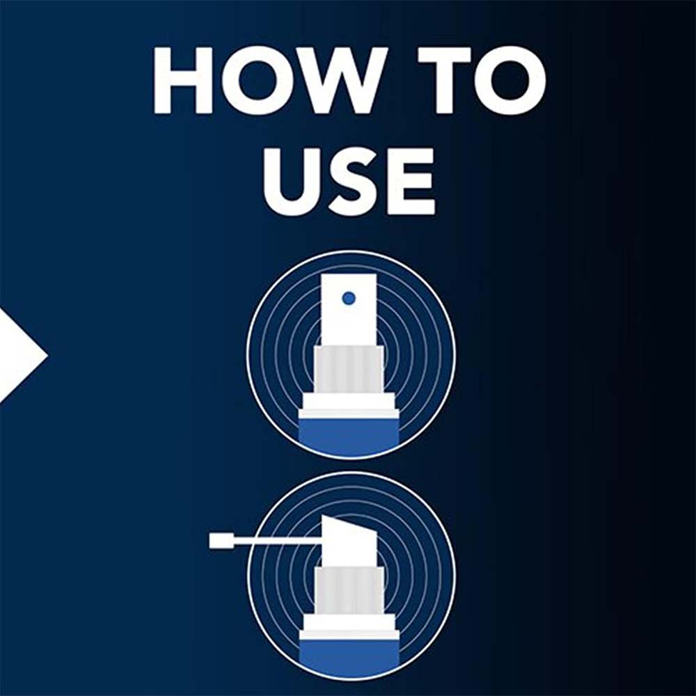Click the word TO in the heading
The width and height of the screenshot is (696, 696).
pyautogui.click(x=482, y=80)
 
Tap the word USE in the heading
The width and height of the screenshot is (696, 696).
pyautogui.click(x=349, y=180)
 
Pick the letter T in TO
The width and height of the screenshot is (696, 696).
pyautogui.click(x=445, y=80)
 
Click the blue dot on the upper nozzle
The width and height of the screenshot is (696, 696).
pyautogui.click(x=349, y=298)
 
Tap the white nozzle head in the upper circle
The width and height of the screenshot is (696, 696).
pyautogui.click(x=349, y=310)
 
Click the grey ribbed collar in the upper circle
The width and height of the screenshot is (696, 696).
pyautogui.click(x=349, y=371)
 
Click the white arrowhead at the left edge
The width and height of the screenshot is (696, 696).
pyautogui.click(x=22, y=354)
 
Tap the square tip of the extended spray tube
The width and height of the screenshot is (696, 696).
pyautogui.click(x=217, y=541)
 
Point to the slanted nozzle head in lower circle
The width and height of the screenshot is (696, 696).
pyautogui.click(x=349, y=542)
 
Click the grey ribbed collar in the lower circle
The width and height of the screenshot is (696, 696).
pyautogui.click(x=349, y=591)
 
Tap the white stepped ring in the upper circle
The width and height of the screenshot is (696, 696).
pyautogui.click(x=349, y=406)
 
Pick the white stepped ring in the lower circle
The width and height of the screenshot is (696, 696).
pyautogui.click(x=349, y=627)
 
